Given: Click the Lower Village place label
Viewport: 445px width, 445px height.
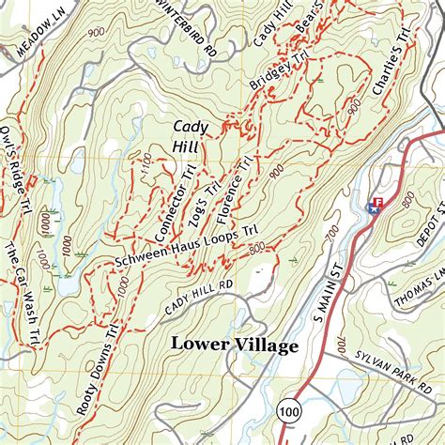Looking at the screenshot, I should pyautogui.click(x=234, y=345).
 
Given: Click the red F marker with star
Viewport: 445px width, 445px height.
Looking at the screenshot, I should pyautogui.click(x=376, y=204).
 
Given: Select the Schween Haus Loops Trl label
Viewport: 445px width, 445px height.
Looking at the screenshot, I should pyautogui.click(x=186, y=246).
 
